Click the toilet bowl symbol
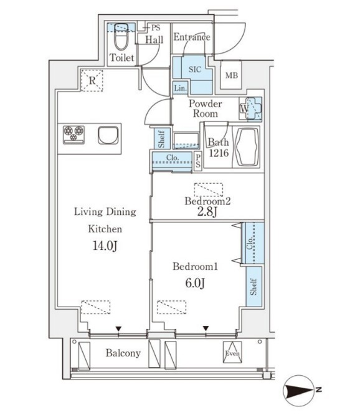coord(121,37)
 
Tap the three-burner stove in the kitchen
coord(73,135)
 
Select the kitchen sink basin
coord(108,135)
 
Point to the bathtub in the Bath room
coord(247,147)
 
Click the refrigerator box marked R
coord(92,80)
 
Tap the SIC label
coord(195,69)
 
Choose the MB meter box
coord(231,75)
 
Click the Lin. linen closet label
coord(181,88)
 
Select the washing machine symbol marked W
coord(251,108)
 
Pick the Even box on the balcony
coord(232,352)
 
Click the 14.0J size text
coord(105,246)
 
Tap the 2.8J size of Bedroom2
coord(207,212)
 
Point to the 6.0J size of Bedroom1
coord(195,283)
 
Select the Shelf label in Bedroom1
coord(253,287)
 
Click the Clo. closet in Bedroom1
coord(253,243)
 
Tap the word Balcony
coord(123,353)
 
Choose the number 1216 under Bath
coord(219,153)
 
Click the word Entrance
coord(192,37)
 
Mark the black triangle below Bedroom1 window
coord(206,328)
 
